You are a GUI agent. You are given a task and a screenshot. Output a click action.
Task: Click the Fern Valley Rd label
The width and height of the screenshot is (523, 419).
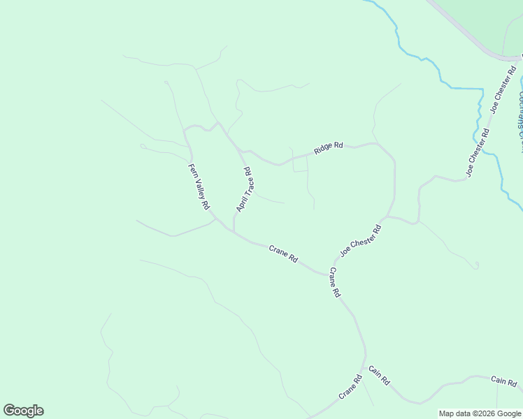[199, 187]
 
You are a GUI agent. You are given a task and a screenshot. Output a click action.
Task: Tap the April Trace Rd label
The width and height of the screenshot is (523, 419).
[245, 189]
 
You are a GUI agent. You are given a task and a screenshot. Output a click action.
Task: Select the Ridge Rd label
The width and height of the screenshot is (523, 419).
[328, 147]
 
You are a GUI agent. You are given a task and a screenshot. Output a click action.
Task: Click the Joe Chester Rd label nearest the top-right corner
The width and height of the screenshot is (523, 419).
[503, 89]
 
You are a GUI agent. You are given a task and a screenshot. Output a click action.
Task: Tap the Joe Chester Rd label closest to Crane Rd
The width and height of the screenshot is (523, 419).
[361, 240]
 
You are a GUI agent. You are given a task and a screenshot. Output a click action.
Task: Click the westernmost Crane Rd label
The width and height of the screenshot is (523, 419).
[283, 253]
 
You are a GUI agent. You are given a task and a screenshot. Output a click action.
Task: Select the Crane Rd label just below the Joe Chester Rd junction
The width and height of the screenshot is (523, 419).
[334, 283]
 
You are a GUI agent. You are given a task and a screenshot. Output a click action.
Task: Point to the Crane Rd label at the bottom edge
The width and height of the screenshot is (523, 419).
[350, 388]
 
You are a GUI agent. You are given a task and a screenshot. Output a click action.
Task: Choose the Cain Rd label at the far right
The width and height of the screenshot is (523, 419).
[503, 381]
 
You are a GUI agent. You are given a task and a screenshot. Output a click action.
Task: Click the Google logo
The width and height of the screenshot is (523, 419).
[23, 411]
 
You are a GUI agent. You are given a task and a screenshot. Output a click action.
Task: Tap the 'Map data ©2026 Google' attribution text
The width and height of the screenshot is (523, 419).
[480, 413]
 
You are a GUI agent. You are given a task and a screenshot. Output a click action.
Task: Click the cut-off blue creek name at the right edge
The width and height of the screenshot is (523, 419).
[520, 112]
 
